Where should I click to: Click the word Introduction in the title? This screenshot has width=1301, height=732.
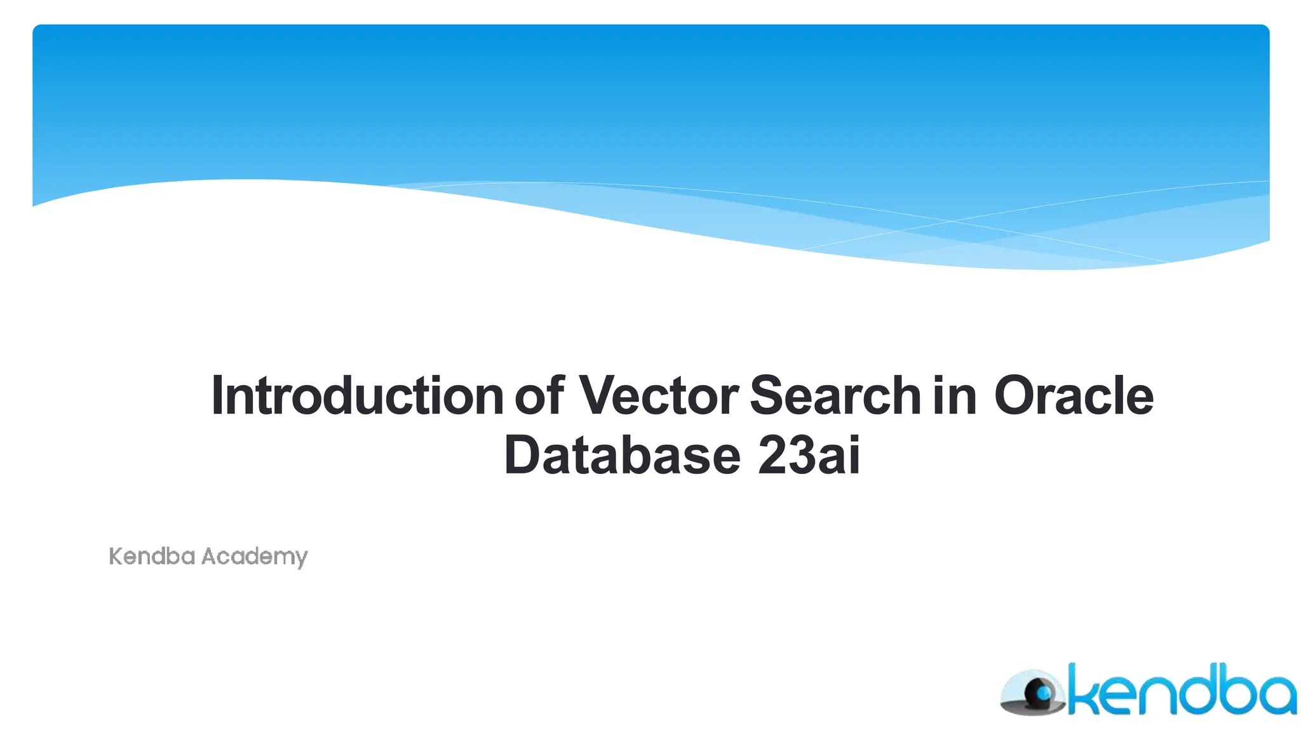click(357, 396)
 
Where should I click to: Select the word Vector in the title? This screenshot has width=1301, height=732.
click(658, 396)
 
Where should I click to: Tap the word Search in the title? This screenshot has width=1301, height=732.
click(835, 396)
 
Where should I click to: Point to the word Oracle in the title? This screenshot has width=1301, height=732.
click(1074, 396)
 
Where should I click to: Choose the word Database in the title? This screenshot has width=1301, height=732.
click(622, 456)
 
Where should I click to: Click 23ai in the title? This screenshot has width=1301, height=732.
click(809, 456)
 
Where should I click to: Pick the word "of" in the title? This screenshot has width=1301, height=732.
click(539, 396)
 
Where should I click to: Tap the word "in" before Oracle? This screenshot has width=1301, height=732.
click(954, 396)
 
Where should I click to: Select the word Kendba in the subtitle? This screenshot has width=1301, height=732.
click(152, 557)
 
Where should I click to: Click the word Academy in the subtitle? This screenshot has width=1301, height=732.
click(254, 557)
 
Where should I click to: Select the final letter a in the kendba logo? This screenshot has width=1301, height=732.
click(1274, 696)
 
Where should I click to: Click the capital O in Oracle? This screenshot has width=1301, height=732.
click(1018, 396)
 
